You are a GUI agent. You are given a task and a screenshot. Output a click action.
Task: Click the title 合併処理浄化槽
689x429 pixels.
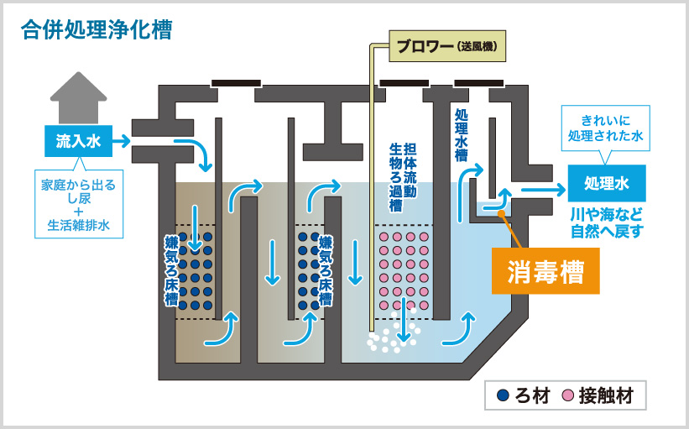pyautogui.click(x=97, y=30)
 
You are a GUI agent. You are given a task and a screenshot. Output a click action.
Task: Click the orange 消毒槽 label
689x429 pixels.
pyautogui.click(x=545, y=271)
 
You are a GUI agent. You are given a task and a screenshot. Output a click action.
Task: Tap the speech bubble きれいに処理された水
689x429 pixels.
pyautogui.click(x=605, y=128)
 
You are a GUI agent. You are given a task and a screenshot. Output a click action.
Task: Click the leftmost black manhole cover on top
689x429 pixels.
pyautogui.click(x=236, y=82)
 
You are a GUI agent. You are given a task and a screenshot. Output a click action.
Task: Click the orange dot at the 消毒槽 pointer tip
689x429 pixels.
pyautogui.click(x=501, y=212)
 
